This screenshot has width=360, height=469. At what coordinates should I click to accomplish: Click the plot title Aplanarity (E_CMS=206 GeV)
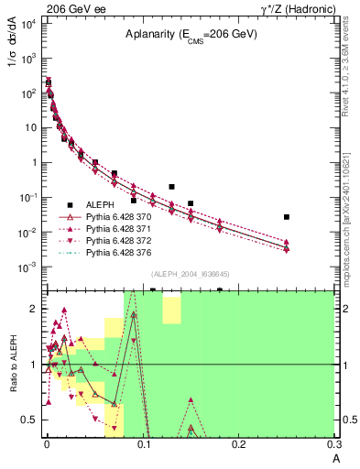[x=191, y=35]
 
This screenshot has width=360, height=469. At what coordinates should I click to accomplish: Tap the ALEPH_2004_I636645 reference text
[x=190, y=274]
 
